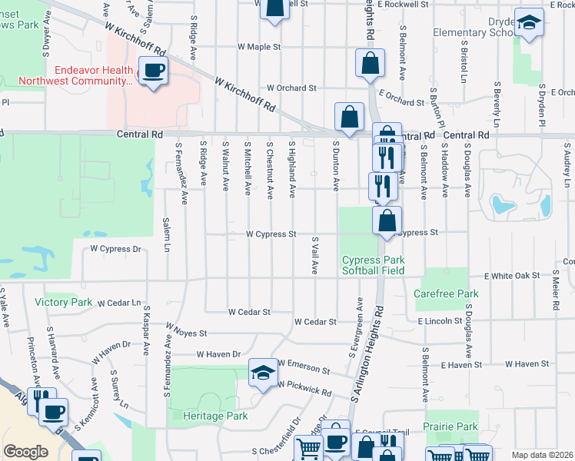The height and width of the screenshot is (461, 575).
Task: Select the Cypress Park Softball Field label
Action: [x=373, y=265]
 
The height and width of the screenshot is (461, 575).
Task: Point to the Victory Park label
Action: [x=63, y=302]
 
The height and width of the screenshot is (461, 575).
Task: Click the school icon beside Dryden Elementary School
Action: [x=529, y=22]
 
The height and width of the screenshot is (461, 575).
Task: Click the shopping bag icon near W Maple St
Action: [x=370, y=63]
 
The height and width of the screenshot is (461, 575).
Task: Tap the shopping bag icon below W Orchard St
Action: [x=349, y=118]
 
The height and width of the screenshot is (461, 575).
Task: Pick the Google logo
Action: [x=25, y=452]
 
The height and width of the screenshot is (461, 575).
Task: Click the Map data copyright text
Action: [x=543, y=455]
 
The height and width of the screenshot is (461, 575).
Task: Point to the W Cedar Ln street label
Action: [x=120, y=303]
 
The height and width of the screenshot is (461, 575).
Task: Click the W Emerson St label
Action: [x=304, y=365]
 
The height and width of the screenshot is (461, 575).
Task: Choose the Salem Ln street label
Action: [x=166, y=235]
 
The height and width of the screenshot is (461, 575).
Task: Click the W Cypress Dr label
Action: [x=116, y=249]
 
